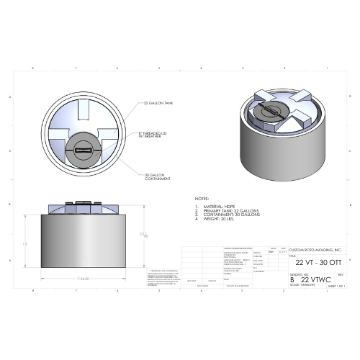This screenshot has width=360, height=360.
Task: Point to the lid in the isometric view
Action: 279,110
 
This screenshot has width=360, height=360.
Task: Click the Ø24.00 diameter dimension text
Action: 84,277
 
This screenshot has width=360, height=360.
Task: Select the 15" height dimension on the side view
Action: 26,245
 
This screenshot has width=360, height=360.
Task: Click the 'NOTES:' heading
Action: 202,197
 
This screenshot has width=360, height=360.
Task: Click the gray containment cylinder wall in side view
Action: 85,245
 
